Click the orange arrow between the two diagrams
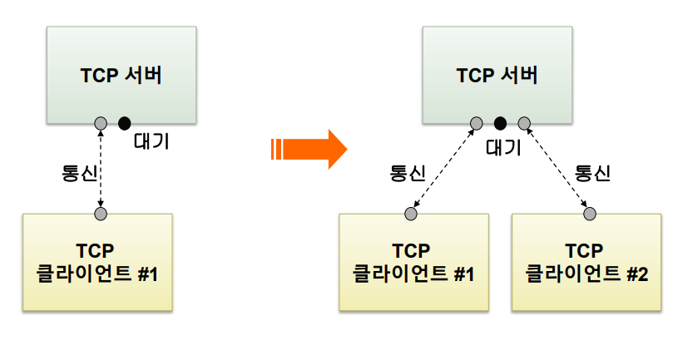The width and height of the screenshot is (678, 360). point(309,150)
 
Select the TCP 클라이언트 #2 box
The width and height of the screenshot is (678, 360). point(586,263)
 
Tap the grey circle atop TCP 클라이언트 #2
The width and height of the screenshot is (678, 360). point(590,214)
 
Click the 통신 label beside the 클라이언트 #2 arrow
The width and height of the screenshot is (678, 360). point(593,173)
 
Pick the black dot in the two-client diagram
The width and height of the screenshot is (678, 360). point(500,124)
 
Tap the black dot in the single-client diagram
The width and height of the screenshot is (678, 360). point(125,124)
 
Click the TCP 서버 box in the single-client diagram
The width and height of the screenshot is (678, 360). point(121,75)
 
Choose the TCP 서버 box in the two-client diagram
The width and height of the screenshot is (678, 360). point(497,75)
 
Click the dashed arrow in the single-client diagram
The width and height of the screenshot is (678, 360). point(101,169)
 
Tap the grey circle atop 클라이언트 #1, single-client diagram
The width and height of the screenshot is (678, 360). point(101,214)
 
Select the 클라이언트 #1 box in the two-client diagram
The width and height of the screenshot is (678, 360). point(413,263)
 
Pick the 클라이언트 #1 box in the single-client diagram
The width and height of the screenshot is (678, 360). point(97,263)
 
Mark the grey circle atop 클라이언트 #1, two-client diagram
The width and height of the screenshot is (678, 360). point(411,214)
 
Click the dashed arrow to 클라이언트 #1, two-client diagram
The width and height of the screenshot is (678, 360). point(443,169)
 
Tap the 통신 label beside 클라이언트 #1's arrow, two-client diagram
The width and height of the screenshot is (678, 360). point(408,173)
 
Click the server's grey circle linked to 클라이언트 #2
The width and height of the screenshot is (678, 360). point(524,124)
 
